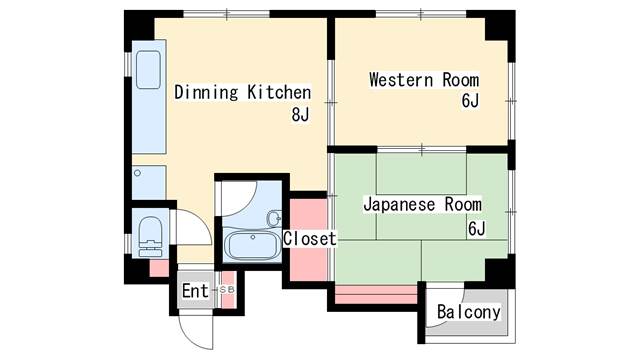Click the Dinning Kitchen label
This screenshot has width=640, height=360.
click(242, 92)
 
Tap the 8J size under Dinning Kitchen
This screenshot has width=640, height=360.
click(300, 115)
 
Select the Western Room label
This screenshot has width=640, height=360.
click(424, 80)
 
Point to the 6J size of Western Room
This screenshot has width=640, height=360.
click(470, 101)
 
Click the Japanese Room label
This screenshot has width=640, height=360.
click(422, 204)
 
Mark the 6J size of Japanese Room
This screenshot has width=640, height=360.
click(476, 229)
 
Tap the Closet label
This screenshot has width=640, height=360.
click(310, 239)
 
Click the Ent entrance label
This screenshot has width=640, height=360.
click(195, 291)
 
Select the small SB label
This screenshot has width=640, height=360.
click(227, 289)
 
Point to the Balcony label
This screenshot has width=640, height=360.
click(469, 312)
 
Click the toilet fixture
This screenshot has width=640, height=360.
click(150, 237)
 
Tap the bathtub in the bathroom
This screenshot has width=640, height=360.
click(252, 246)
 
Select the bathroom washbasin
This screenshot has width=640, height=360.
click(275, 218)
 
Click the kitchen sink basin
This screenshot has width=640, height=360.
click(148, 70)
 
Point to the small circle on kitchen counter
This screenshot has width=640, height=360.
click(138, 173)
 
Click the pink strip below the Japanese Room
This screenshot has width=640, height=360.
click(376, 295)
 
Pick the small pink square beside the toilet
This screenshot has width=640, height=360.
click(159, 268)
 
